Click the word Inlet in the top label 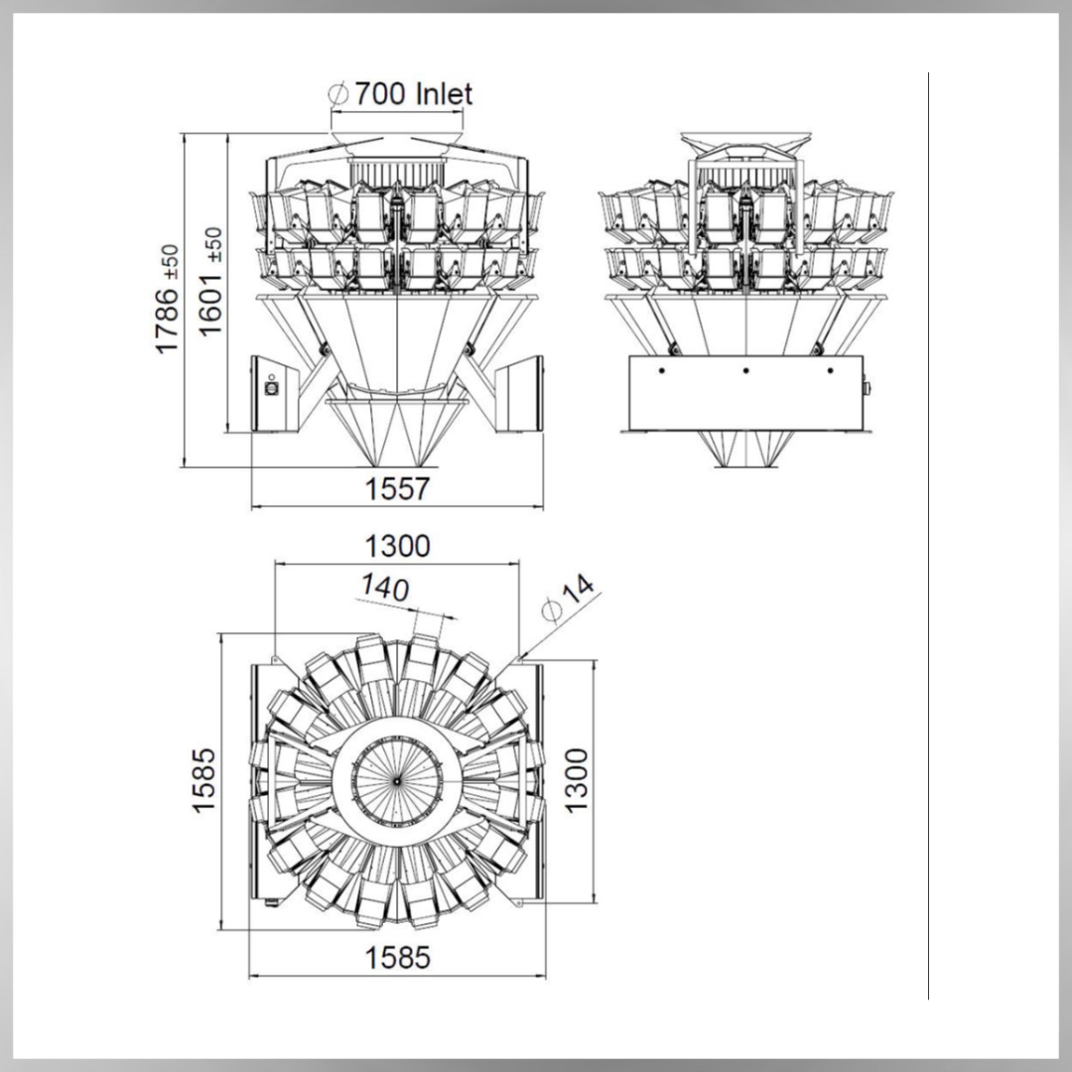[444, 94]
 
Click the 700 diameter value [382, 94]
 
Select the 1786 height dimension [167, 314]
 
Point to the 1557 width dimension [398, 488]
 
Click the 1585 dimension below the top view [398, 958]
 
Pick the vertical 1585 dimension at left [202, 781]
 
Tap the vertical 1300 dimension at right [576, 779]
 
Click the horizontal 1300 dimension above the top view [398, 546]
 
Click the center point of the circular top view [396, 781]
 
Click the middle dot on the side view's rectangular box [745, 371]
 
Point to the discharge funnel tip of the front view [397, 464]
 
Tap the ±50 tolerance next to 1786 [170, 261]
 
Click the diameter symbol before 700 [337, 94]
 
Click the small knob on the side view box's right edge [869, 387]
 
